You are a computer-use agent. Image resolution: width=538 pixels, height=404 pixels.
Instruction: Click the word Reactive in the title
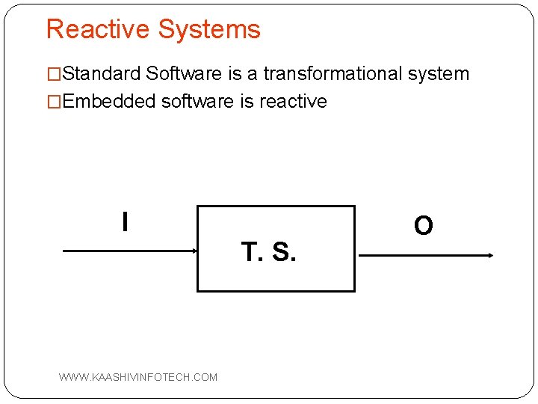coord(98,29)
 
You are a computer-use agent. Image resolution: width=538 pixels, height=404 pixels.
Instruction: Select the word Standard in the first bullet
coord(102,74)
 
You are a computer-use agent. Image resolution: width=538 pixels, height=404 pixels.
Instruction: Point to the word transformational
coord(332,74)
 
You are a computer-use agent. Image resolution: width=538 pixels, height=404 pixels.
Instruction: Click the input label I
coord(125,221)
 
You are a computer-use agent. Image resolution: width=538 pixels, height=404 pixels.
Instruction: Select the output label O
coord(423,225)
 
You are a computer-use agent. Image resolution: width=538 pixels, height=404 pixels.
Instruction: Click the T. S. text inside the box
coord(269,252)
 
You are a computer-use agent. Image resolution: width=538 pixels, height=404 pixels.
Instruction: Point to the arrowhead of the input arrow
coord(192,252)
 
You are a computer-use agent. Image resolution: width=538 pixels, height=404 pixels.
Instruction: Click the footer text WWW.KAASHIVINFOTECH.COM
coord(138,377)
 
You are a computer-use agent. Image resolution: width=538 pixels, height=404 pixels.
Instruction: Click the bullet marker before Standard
coord(54,74)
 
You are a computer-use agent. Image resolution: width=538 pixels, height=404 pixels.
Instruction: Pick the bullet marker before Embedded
coord(54,101)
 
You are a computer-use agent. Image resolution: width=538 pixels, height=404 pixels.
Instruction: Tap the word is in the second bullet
coord(247,101)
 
